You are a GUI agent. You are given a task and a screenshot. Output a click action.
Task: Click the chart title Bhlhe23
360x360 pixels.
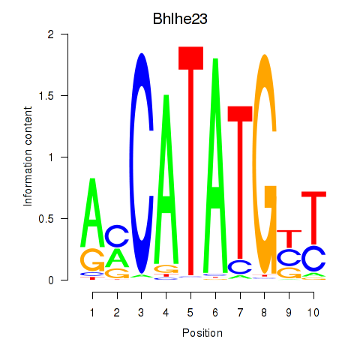(x=180, y=19)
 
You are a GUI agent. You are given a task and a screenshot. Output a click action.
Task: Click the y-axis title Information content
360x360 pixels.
(x=28, y=157)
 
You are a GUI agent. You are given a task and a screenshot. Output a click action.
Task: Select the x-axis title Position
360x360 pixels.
(x=202, y=333)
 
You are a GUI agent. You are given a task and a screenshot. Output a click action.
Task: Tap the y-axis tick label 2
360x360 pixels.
(x=51, y=34)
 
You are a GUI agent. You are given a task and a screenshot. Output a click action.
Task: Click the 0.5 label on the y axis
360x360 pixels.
(x=46, y=218)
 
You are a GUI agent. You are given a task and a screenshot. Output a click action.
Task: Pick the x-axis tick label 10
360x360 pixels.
(x=313, y=313)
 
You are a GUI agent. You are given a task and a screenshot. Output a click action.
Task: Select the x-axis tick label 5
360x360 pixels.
(x=190, y=313)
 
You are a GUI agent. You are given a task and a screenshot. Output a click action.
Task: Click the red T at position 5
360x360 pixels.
(x=190, y=161)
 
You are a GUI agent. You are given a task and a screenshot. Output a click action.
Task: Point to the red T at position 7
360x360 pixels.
(x=240, y=182)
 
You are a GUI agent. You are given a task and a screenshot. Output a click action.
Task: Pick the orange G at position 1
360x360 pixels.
(x=92, y=260)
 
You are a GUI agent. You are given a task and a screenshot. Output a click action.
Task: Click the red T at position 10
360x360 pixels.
(x=313, y=218)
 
